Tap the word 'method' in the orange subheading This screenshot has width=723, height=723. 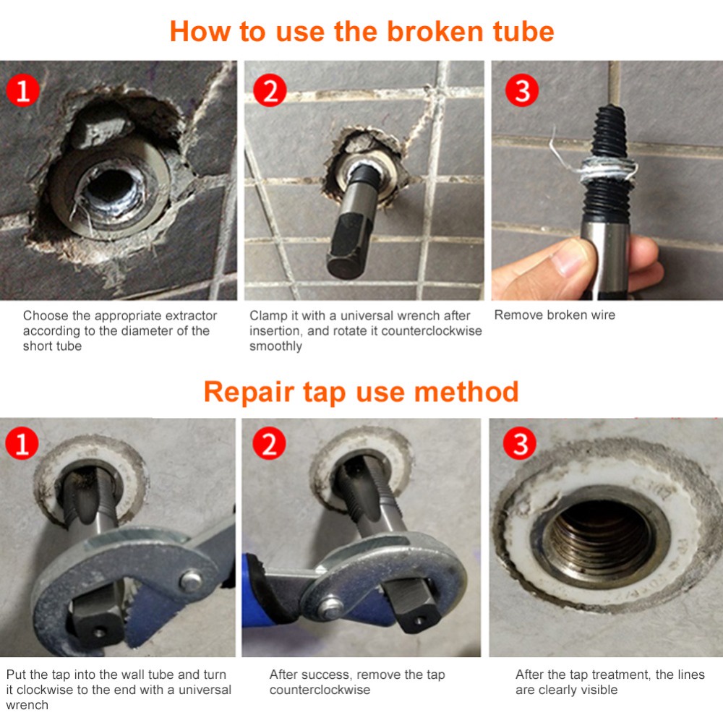pyautogui.click(x=466, y=392)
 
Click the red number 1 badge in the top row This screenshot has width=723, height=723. pyautogui.click(x=22, y=90)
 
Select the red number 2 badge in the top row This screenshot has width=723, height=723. pyautogui.click(x=270, y=90)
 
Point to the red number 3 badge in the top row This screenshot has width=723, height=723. pyautogui.click(x=522, y=90)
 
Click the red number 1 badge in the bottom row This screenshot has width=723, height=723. pyautogui.click(x=22, y=442)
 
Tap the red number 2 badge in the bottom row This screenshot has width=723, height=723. pyautogui.click(x=269, y=442)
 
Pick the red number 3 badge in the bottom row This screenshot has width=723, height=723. pyautogui.click(x=520, y=442)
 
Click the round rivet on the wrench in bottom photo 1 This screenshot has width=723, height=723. pyautogui.click(x=191, y=581)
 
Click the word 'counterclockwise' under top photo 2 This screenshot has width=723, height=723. pyautogui.click(x=432, y=331)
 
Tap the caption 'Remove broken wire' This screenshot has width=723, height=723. pyautogui.click(x=555, y=315)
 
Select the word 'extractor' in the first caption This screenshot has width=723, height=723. pyautogui.click(x=191, y=316)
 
